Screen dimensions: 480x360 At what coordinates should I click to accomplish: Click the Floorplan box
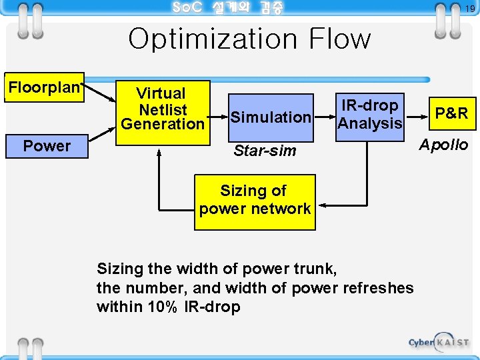[x=44, y=87]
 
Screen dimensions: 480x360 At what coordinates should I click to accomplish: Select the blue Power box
[x=47, y=146]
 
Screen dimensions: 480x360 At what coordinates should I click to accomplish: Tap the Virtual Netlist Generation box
[x=163, y=108]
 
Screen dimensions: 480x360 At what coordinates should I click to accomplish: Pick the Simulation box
[x=271, y=117]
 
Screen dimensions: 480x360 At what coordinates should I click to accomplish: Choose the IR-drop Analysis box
[x=370, y=115]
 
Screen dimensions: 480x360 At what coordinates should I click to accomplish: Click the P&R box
[x=451, y=113]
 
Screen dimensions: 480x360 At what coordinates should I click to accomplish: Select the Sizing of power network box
[x=255, y=200]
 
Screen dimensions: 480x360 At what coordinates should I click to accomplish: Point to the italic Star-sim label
[x=265, y=151]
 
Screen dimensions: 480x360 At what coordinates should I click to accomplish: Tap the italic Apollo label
[x=443, y=145]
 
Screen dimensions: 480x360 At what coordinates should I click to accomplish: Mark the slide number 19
[x=469, y=9]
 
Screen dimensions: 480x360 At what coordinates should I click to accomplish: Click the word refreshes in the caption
[x=378, y=288]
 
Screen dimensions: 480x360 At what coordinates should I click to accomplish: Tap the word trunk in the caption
[x=313, y=269]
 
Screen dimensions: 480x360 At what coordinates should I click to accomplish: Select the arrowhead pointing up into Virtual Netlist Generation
[x=159, y=151]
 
